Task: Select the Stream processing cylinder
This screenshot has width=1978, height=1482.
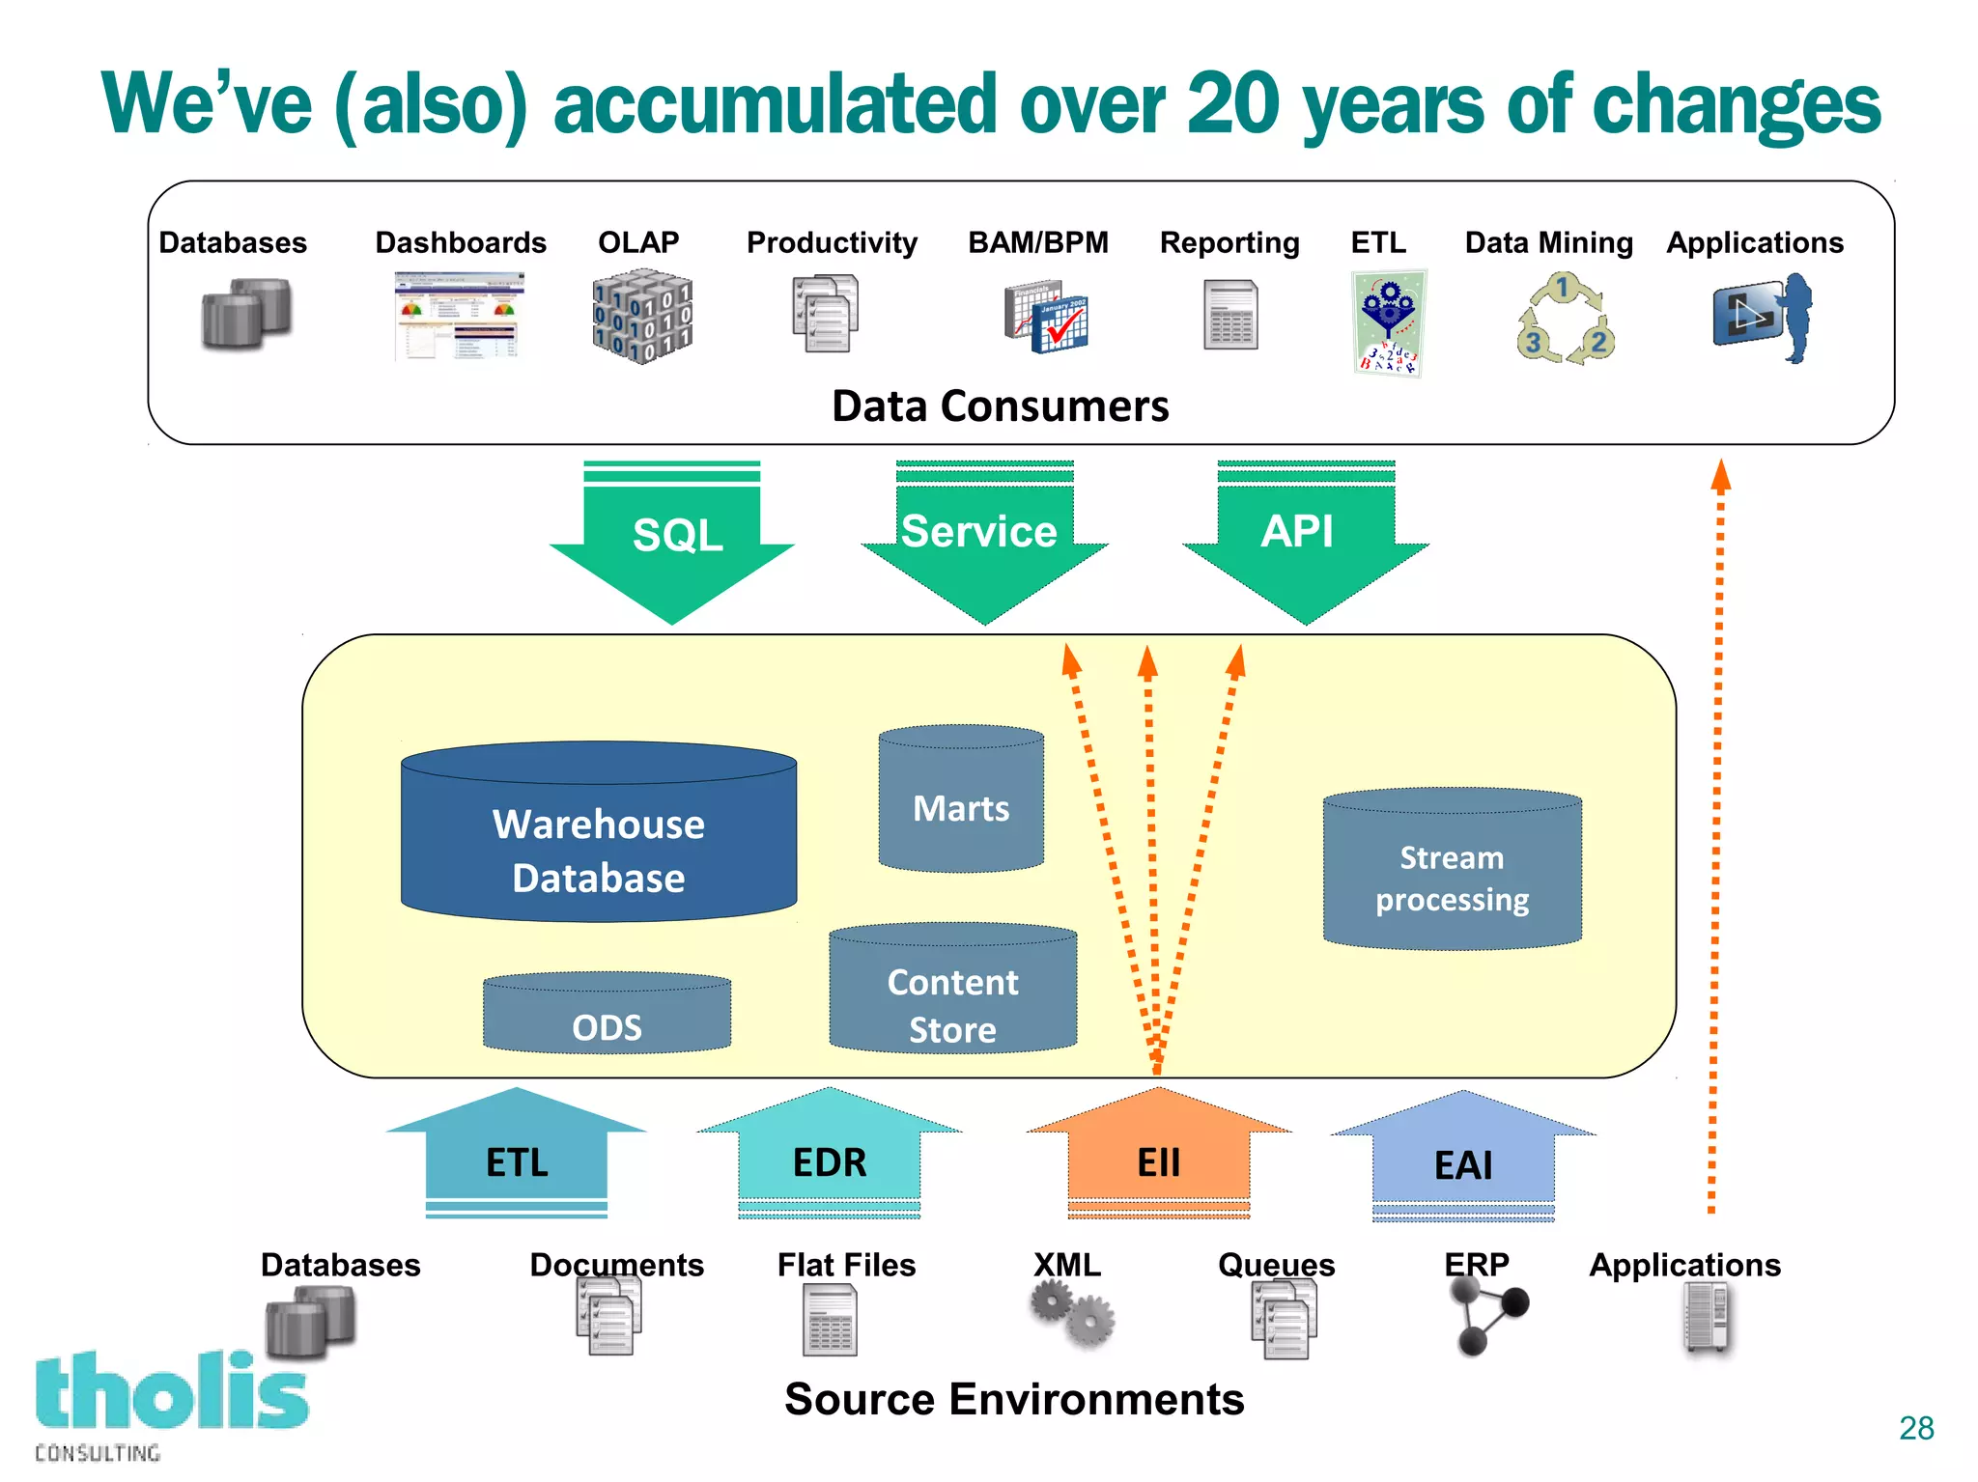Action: (1452, 874)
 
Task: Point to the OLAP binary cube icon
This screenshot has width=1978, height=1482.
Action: (642, 316)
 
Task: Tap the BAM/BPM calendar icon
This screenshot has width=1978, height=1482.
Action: (1046, 318)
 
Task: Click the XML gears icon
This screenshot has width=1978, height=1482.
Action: (1072, 1314)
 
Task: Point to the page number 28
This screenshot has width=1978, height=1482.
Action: (1916, 1428)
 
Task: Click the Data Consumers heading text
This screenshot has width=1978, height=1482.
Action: (1000, 406)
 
